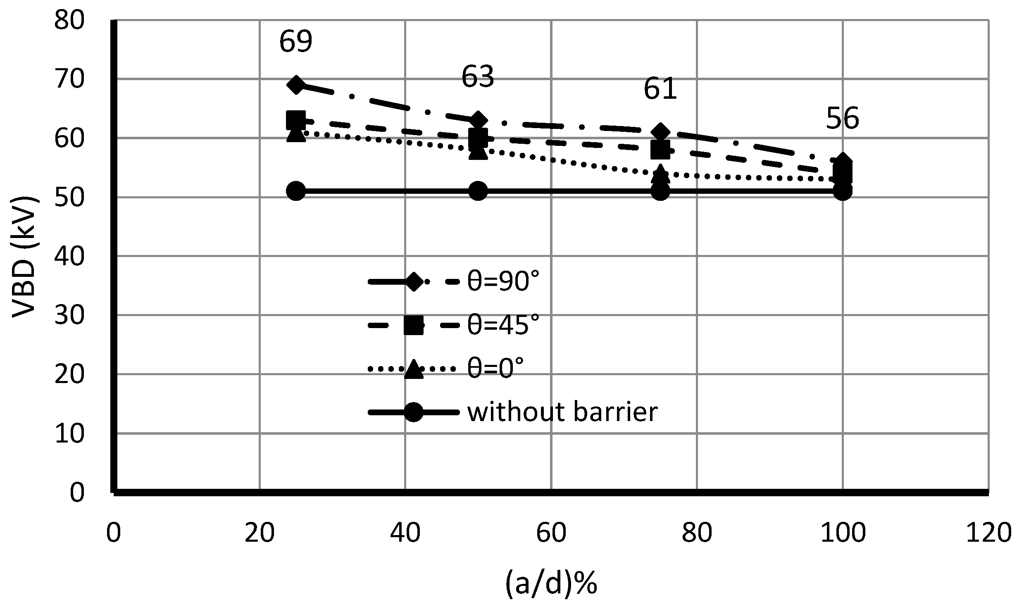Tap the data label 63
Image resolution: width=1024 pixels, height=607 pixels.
click(478, 76)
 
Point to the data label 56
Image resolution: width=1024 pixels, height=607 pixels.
click(842, 118)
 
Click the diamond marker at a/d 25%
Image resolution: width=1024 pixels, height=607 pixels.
click(296, 85)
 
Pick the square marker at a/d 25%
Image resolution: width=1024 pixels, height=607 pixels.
click(296, 120)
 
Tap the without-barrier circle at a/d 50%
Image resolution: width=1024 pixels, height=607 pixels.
click(478, 191)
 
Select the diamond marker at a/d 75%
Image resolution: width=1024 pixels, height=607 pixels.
click(660, 132)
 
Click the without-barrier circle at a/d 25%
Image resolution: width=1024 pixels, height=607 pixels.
click(296, 191)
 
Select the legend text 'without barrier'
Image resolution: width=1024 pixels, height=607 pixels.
click(562, 412)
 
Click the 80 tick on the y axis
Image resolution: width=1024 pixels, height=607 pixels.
click(69, 20)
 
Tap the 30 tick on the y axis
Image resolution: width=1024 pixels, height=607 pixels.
click(69, 316)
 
